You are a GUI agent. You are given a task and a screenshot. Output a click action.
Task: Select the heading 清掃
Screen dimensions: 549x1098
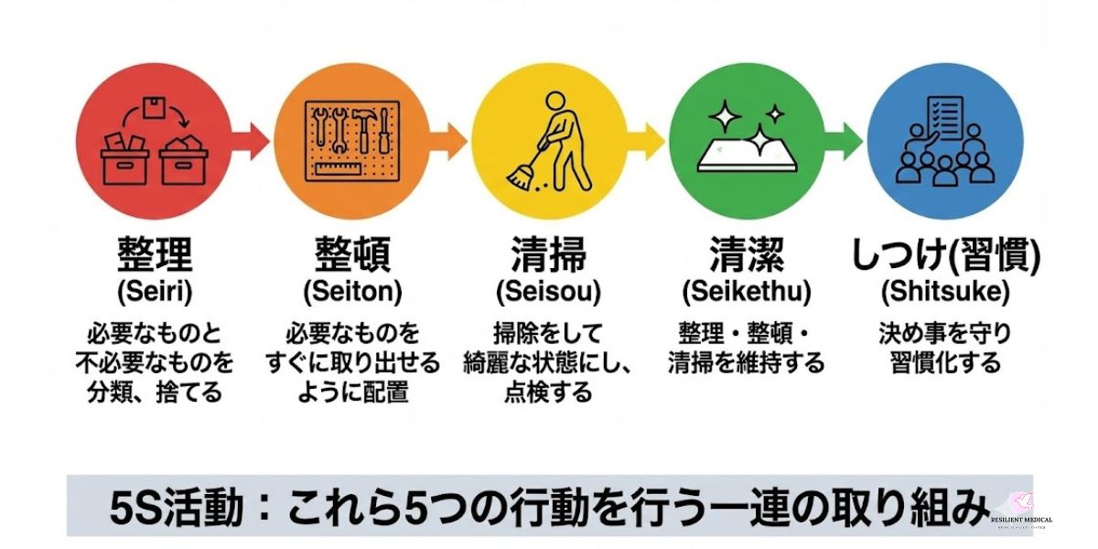point(548,255)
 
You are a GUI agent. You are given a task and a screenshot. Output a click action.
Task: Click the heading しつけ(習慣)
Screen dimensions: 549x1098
point(945,255)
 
